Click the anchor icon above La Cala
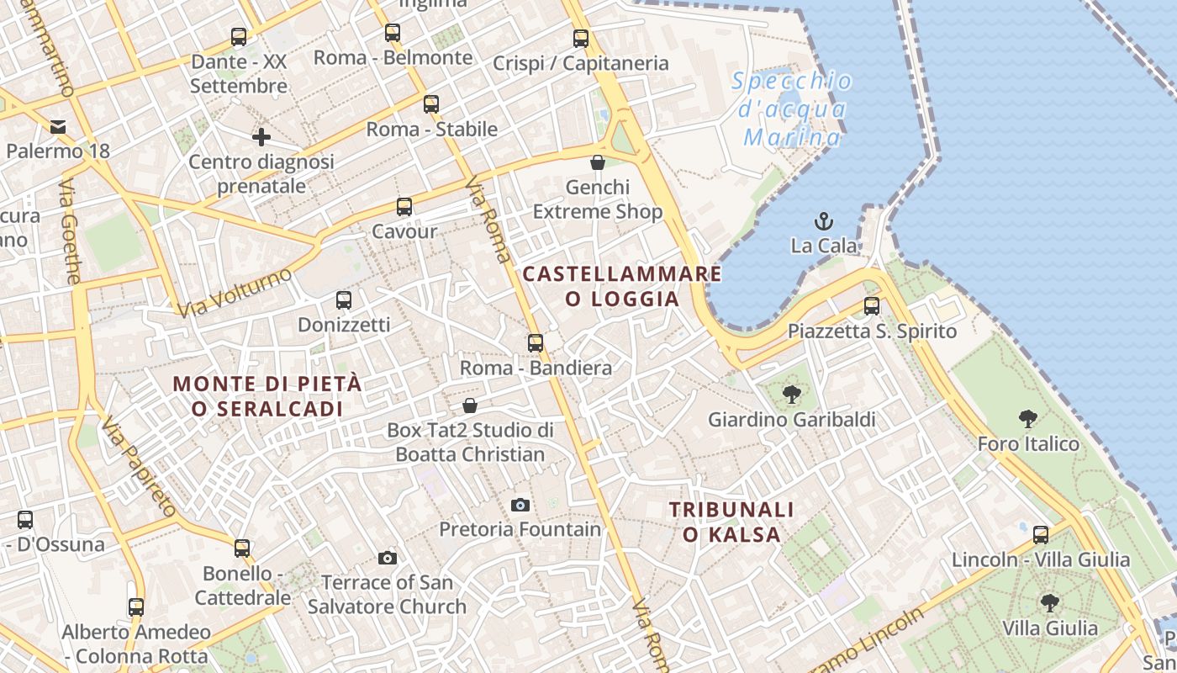click(824, 221)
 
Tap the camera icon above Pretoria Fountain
click(520, 505)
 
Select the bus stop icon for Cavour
click(404, 207)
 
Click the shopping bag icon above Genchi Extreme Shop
click(598, 162)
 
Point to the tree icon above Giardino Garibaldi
click(791, 394)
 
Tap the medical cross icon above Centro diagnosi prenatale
click(261, 136)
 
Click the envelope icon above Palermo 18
click(58, 127)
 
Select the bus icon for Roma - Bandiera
click(536, 343)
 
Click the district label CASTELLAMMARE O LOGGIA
click(622, 286)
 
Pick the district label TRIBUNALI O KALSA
click(731, 522)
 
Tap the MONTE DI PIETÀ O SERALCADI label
click(267, 396)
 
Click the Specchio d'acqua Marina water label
click(792, 109)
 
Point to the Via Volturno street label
click(235, 292)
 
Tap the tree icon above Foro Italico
click(1027, 418)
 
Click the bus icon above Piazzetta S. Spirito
click(872, 306)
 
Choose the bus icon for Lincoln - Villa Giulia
click(1041, 534)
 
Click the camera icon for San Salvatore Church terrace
click(388, 558)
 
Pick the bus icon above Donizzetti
click(344, 300)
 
